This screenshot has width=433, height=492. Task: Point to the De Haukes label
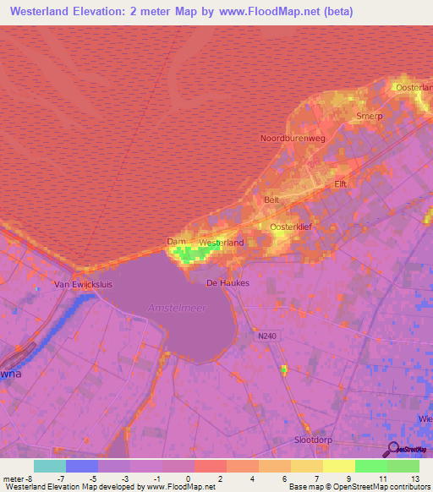click(x=228, y=283)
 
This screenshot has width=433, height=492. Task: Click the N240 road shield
click(x=268, y=336)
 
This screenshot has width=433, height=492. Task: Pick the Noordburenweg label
click(x=293, y=137)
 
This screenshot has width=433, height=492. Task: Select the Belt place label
click(x=271, y=200)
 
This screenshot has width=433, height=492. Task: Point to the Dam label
click(x=176, y=242)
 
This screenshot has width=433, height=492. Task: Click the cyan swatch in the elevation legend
click(x=50, y=466)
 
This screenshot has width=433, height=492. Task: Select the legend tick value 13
click(x=414, y=478)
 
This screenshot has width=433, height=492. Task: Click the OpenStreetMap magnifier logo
click(x=394, y=449)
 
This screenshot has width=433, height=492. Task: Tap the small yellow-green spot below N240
click(x=284, y=369)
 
